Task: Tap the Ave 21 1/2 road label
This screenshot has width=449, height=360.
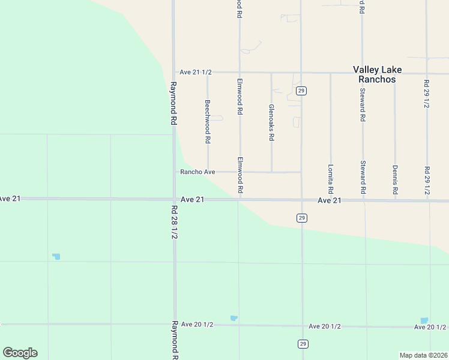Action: [x=196, y=72]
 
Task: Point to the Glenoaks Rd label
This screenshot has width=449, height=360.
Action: [x=271, y=122]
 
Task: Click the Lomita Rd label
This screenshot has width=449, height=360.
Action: [x=331, y=179]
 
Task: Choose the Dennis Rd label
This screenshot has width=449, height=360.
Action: [x=395, y=179]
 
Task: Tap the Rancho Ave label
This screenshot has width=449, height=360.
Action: [x=197, y=172]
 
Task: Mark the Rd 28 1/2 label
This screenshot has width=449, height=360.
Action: [x=174, y=223]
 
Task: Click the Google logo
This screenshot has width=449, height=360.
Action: [x=20, y=353]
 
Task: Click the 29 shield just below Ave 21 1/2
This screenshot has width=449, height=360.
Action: [x=301, y=91]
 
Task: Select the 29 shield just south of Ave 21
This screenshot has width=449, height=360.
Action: [x=302, y=218]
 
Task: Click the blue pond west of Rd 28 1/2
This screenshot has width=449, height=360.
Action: [x=56, y=256]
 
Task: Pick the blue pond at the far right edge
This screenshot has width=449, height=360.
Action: [x=424, y=320]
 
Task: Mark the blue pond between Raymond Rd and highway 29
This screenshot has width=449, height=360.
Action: [x=234, y=318]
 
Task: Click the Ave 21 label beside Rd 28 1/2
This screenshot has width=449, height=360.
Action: [x=192, y=199]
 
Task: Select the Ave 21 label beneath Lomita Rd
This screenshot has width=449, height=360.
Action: [x=330, y=200]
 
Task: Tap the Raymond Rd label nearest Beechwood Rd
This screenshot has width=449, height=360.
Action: [x=173, y=103]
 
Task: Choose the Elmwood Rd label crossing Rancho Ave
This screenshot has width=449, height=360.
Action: [x=240, y=175]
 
